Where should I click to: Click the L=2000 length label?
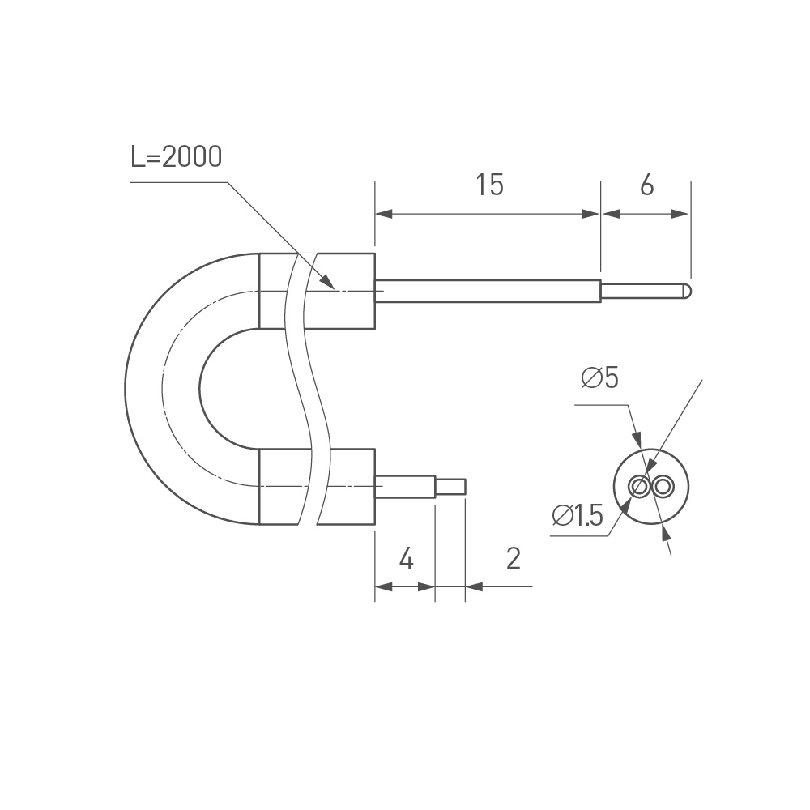point(176,157)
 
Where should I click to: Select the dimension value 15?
point(489,185)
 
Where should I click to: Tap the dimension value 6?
point(646,185)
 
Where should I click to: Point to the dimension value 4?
point(407,558)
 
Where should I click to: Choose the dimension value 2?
point(513,558)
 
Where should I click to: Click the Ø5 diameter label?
point(599,377)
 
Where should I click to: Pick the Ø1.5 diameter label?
point(578,515)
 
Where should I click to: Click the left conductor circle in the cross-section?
point(639,487)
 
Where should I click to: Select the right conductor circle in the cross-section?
point(663,487)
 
